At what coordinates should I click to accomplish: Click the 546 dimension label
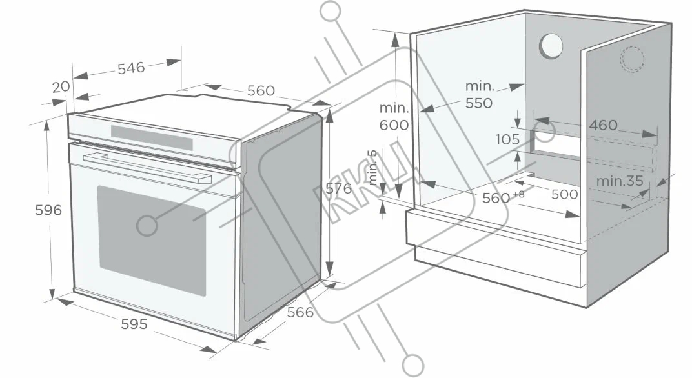(x=131, y=67)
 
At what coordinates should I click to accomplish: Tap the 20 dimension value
(x=60, y=86)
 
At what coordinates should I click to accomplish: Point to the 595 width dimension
(x=134, y=324)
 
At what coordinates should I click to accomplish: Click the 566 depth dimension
(x=300, y=312)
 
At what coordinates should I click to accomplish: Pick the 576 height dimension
(x=338, y=188)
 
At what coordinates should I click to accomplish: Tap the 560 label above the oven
(x=261, y=91)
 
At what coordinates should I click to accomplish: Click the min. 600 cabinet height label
(x=394, y=117)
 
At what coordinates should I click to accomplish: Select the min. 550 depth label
(x=479, y=94)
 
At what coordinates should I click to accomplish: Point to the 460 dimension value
(x=603, y=125)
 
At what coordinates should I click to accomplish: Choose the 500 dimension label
(x=564, y=194)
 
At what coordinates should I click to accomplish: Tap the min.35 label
(x=620, y=181)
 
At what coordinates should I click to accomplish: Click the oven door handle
(x=148, y=167)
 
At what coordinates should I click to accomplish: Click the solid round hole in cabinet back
(x=551, y=46)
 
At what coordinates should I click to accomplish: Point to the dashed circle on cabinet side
(x=632, y=59)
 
